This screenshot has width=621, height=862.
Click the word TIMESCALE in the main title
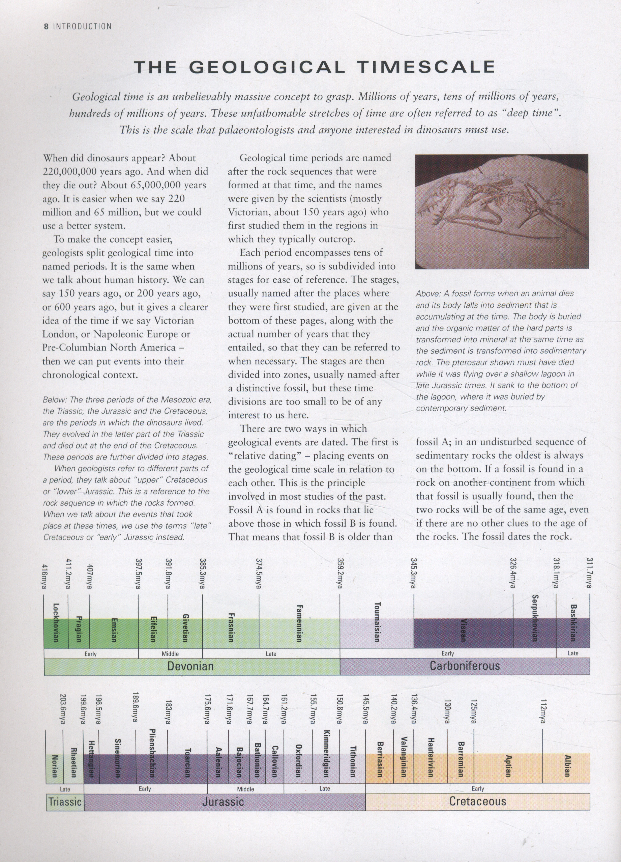coord(426,67)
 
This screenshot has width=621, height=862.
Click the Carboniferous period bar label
coord(465,666)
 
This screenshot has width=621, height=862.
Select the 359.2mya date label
coord(339,574)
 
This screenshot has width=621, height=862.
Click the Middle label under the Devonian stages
coord(170,654)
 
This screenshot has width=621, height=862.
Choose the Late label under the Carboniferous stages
coord(573,654)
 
